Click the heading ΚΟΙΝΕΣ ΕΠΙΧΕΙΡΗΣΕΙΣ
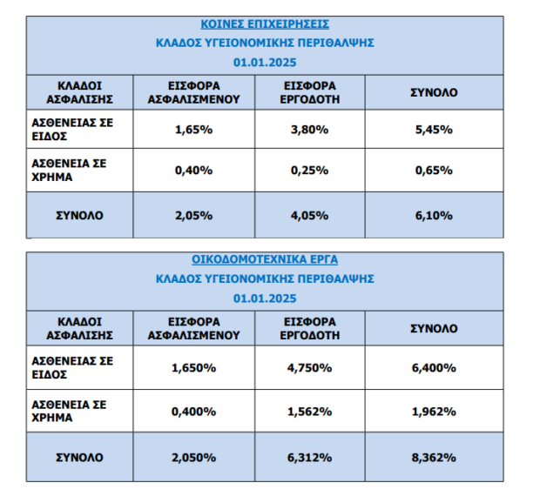pyautogui.click(x=265, y=24)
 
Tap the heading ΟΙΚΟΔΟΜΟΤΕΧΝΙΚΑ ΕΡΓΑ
pyautogui.click(x=265, y=259)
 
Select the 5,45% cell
pyautogui.click(x=434, y=130)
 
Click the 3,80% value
pyautogui.click(x=309, y=130)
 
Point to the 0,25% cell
pyautogui.click(x=309, y=171)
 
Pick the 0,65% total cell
pyautogui.click(x=434, y=171)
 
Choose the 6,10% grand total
pyautogui.click(x=434, y=216)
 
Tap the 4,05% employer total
pyautogui.click(x=309, y=216)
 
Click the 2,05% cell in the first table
pyautogui.click(x=194, y=216)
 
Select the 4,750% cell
pyautogui.click(x=309, y=368)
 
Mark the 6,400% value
pyautogui.click(x=434, y=368)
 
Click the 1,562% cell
pyautogui.click(x=309, y=412)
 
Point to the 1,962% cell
pyautogui.click(x=434, y=412)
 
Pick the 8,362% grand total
pyautogui.click(x=434, y=458)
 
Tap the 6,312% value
pyautogui.click(x=309, y=458)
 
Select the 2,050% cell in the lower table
pyautogui.click(x=194, y=458)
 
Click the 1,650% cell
pyautogui.click(x=194, y=368)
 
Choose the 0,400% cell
pyautogui.click(x=194, y=412)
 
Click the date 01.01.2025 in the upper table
pyautogui.click(x=265, y=63)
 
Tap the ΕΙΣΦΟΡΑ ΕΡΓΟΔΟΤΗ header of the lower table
pyautogui.click(x=309, y=329)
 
